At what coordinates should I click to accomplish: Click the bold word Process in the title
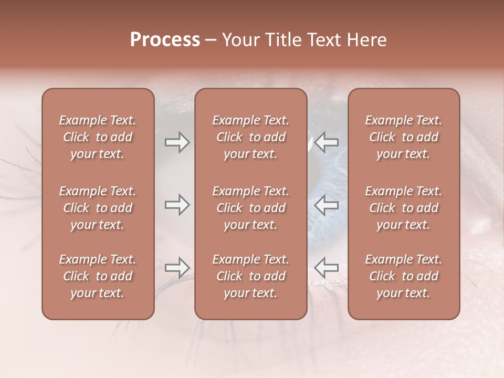[165, 40]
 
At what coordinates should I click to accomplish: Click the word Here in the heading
[366, 40]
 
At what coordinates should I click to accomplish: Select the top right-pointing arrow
[177, 142]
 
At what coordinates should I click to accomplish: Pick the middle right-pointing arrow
[177, 205]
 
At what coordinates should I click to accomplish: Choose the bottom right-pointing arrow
[177, 268]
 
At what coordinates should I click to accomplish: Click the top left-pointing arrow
[327, 142]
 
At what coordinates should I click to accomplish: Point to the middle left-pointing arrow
[327, 205]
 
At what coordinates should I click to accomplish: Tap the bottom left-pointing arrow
[327, 268]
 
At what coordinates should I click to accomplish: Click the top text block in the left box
[98, 137]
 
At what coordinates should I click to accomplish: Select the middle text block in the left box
[98, 208]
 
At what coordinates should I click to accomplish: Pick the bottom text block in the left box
[98, 276]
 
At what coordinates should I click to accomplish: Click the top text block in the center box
[251, 137]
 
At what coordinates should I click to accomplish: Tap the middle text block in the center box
[251, 208]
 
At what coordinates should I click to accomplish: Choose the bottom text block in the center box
[251, 276]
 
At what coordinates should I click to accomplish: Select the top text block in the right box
[404, 137]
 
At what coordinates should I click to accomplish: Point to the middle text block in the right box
[404, 208]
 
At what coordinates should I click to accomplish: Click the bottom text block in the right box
[404, 276]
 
